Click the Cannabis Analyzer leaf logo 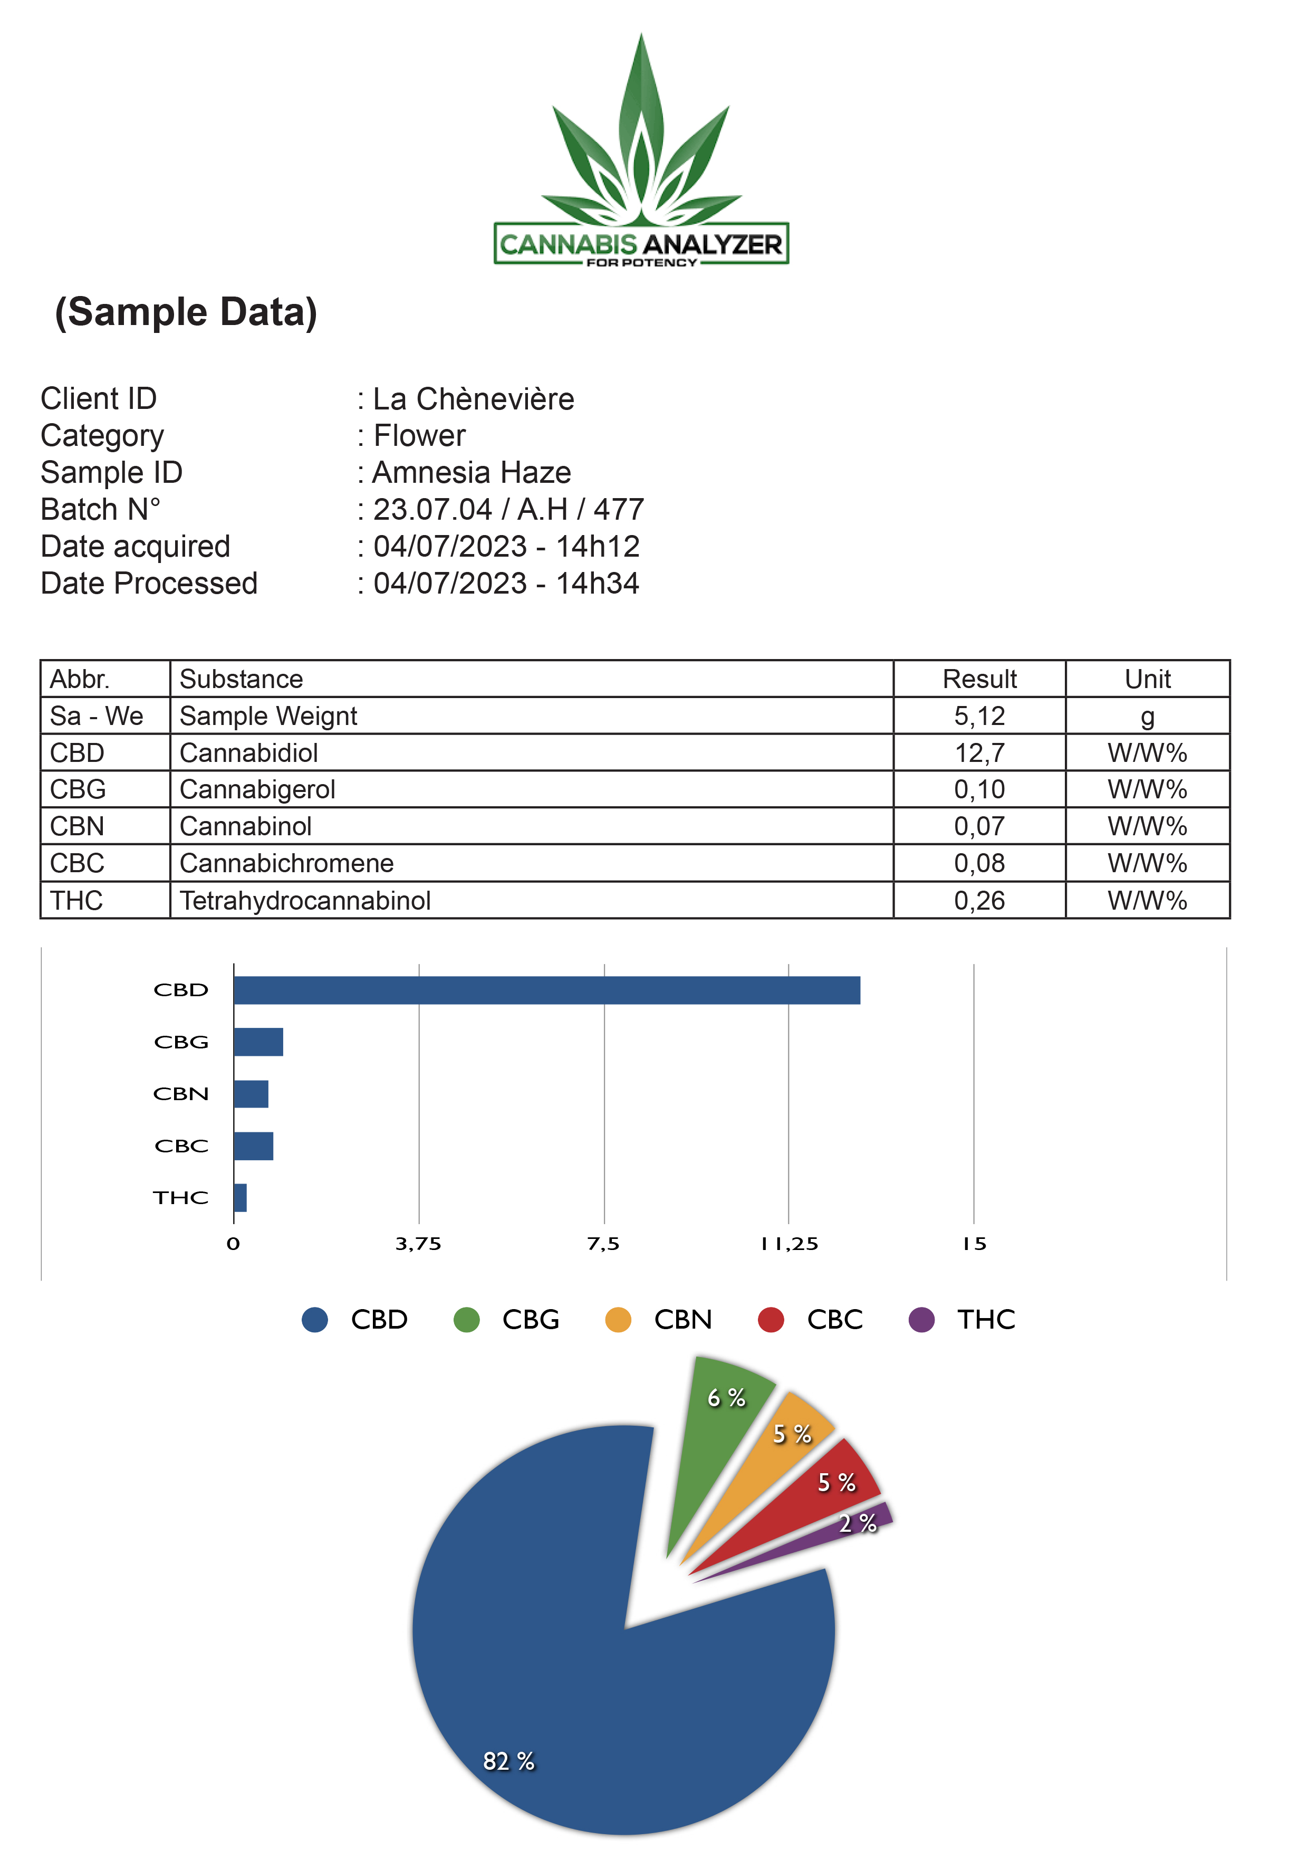tap(641, 149)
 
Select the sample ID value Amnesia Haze tap(472, 472)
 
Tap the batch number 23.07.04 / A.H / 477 tap(508, 510)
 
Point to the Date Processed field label tap(149, 583)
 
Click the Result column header tap(979, 679)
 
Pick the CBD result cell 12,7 tap(979, 752)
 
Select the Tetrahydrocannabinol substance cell tap(532, 900)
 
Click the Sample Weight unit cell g tap(1148, 716)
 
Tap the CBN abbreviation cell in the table tap(105, 826)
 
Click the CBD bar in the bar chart tap(547, 990)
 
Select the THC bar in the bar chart tap(240, 1198)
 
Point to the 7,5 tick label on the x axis tap(603, 1244)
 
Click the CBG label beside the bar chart tap(181, 1043)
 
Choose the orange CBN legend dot tap(618, 1320)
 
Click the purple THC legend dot tap(921, 1320)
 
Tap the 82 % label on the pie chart tap(508, 1761)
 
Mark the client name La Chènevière tap(474, 399)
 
